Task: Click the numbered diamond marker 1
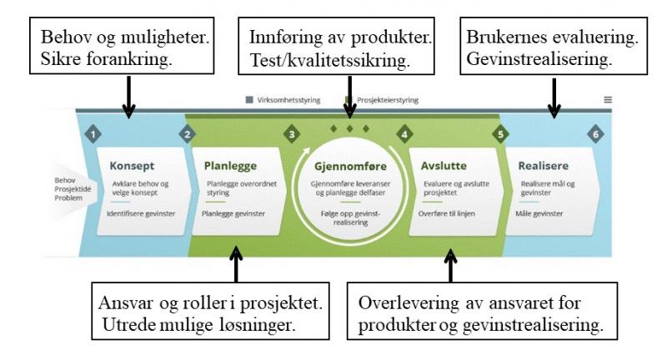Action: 94,133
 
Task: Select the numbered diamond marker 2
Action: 188,133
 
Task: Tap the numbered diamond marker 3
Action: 291,133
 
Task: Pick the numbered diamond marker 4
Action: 404,133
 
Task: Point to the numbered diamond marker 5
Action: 500,133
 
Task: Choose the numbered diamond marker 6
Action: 594,133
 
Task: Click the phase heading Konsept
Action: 133,165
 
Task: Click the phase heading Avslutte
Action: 443,165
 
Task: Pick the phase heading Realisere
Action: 543,165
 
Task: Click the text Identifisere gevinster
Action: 139,213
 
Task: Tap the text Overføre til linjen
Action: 450,213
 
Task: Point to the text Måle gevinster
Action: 541,213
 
